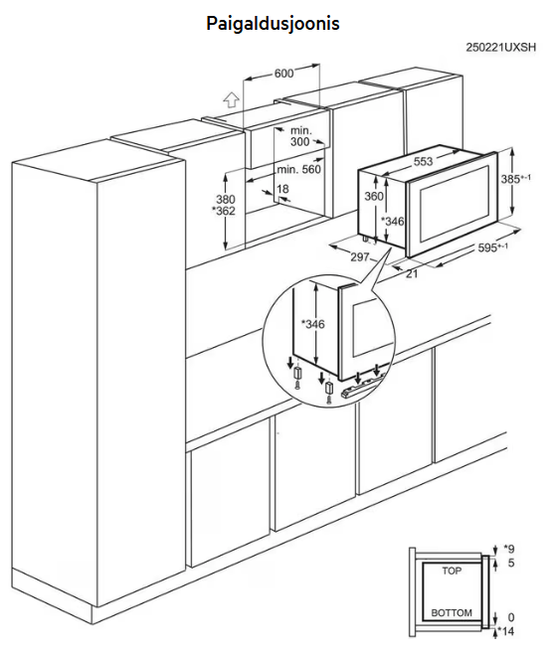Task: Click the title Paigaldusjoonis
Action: [x=273, y=24]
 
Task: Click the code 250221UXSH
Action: [x=500, y=48]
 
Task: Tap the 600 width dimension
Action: [x=283, y=74]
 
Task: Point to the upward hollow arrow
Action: [x=231, y=100]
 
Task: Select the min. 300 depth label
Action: [x=300, y=136]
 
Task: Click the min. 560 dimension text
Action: [x=299, y=169]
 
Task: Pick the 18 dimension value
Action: [x=283, y=189]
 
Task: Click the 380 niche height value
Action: [x=226, y=199]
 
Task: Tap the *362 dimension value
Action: [x=224, y=211]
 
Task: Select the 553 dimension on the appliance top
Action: [x=423, y=161]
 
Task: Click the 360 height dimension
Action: [x=374, y=196]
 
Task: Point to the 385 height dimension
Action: [x=516, y=179]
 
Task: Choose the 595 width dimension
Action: [x=493, y=247]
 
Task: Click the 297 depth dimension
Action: [x=360, y=256]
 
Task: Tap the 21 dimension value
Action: [x=412, y=274]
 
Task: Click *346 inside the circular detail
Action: [x=313, y=324]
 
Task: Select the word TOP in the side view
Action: [x=452, y=571]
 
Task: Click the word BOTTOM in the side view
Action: [x=452, y=613]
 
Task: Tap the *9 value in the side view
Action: [x=508, y=549]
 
